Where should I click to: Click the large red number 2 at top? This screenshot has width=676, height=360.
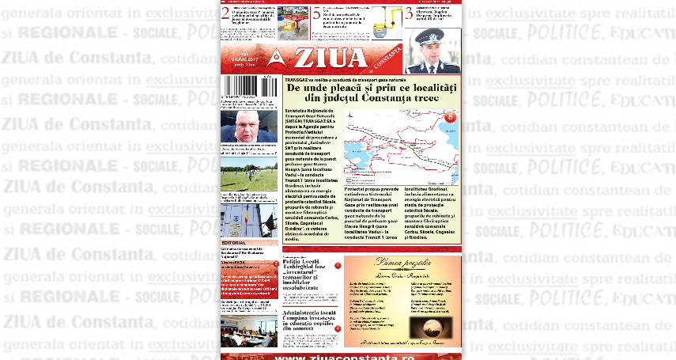pyautogui.click(x=225, y=13)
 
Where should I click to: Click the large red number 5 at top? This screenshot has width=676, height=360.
pyautogui.click(x=316, y=13)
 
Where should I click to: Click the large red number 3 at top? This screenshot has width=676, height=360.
pyautogui.click(x=409, y=13)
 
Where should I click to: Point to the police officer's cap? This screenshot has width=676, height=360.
pyautogui.click(x=432, y=36)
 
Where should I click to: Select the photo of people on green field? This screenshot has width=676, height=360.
pyautogui.click(x=249, y=176)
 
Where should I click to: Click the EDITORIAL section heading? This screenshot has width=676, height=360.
pyautogui.click(x=233, y=242)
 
